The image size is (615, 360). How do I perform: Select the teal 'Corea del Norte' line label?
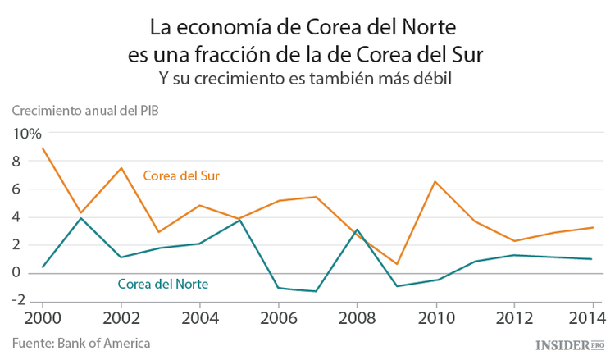[x=162, y=285]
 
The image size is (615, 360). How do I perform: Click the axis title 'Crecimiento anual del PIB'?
[x=85, y=111]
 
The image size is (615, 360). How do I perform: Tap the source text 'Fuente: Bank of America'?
[x=81, y=342]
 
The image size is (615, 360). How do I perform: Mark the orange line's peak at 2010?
[x=435, y=181]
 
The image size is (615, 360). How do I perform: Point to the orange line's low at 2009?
[x=395, y=264]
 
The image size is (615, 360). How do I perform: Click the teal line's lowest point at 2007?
[x=317, y=291]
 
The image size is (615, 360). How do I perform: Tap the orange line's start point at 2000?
[x=43, y=148]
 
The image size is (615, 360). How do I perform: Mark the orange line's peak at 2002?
[x=121, y=168]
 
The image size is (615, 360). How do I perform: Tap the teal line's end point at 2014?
[x=592, y=259]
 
